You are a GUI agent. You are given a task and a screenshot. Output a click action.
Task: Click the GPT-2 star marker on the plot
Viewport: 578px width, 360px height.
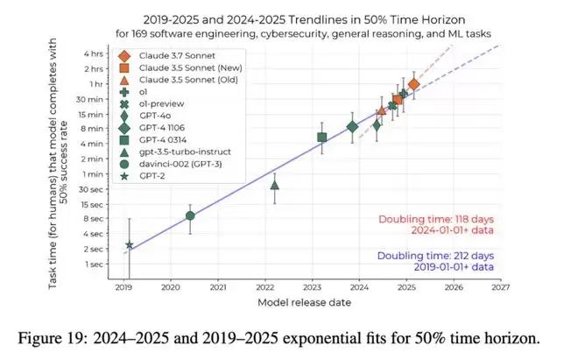point(130,245)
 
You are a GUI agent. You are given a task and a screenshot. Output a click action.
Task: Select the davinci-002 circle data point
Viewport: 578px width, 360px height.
point(190,215)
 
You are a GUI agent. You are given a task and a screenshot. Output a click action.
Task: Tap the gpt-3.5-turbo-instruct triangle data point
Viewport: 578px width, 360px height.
point(275,185)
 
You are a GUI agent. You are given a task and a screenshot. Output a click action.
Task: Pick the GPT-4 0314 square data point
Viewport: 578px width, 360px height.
point(322,137)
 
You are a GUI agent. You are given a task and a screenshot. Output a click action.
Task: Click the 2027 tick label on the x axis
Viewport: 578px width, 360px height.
point(501,286)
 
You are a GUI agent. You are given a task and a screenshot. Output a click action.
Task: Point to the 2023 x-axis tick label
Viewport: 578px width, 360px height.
point(313,286)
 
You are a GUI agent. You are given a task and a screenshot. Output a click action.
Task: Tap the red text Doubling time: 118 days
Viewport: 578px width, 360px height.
point(436,219)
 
